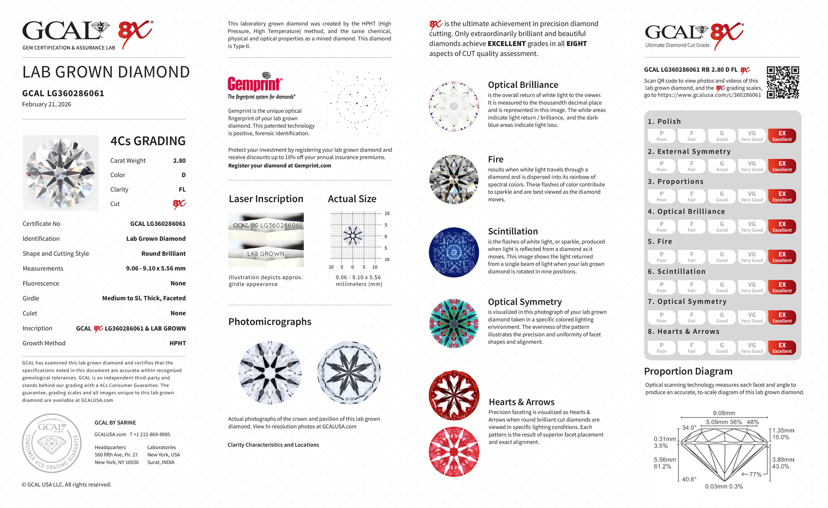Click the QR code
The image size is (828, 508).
coord(783,82)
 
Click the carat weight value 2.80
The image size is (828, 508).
coord(179,161)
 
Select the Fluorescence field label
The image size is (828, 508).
coord(41,283)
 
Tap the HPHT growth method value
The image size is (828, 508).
coord(178,343)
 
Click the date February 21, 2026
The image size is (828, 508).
coord(47,104)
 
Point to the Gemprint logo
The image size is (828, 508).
coord(255,84)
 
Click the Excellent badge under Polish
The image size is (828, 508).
coord(782,136)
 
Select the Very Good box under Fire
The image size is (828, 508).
coord(752,257)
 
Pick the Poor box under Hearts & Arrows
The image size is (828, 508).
coord(661,348)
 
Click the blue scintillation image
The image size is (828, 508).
coord(454,252)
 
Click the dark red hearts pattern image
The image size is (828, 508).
coord(454,395)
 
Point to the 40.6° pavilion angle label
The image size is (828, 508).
coord(689,479)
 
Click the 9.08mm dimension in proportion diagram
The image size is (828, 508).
coord(724,413)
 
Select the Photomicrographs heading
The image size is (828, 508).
coord(269,322)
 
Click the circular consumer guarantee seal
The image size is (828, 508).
coord(52,443)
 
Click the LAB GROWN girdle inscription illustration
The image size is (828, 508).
coord(266,254)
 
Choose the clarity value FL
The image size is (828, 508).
coord(182,190)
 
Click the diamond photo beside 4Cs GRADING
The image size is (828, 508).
coord(61,173)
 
